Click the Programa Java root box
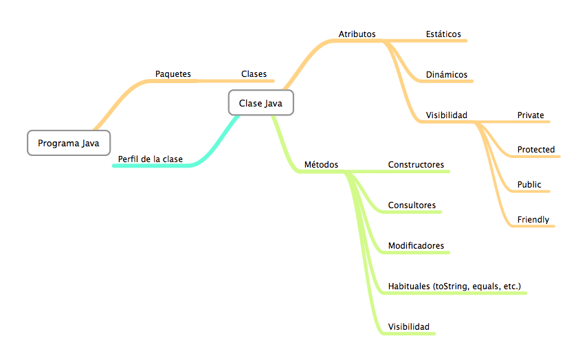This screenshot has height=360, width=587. [x=68, y=143]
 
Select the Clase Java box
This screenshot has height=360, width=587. [x=261, y=103]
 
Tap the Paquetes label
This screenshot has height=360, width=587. [x=173, y=74]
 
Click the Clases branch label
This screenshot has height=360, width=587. [x=254, y=74]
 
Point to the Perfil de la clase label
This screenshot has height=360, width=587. [x=150, y=159]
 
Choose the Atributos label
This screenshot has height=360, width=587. [x=357, y=34]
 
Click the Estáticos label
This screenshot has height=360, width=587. [x=443, y=34]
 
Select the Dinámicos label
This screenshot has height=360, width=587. [x=446, y=74]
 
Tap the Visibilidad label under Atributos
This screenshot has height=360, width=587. [x=446, y=115]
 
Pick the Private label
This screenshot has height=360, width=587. [x=531, y=115]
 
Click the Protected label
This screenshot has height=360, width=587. [x=536, y=149]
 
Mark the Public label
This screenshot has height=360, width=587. [x=529, y=184]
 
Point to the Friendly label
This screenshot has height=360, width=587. [x=533, y=219]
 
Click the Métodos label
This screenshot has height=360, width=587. [x=321, y=164]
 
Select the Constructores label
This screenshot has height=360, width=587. [x=416, y=164]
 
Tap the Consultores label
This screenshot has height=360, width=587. [x=412, y=205]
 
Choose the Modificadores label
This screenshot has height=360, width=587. [x=416, y=245]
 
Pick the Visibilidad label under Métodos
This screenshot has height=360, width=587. [x=408, y=326]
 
